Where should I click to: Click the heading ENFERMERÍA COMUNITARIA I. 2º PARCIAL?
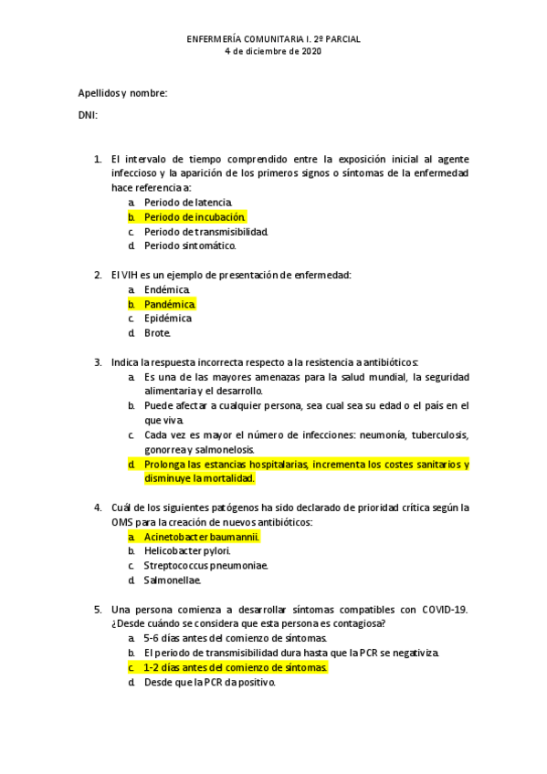273,40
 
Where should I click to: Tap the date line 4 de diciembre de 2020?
273,52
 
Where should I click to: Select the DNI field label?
88,115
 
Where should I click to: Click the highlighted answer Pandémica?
169,304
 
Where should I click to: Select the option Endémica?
167,289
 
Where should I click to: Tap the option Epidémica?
168,319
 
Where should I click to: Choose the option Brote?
157,333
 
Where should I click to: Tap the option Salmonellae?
172,580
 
